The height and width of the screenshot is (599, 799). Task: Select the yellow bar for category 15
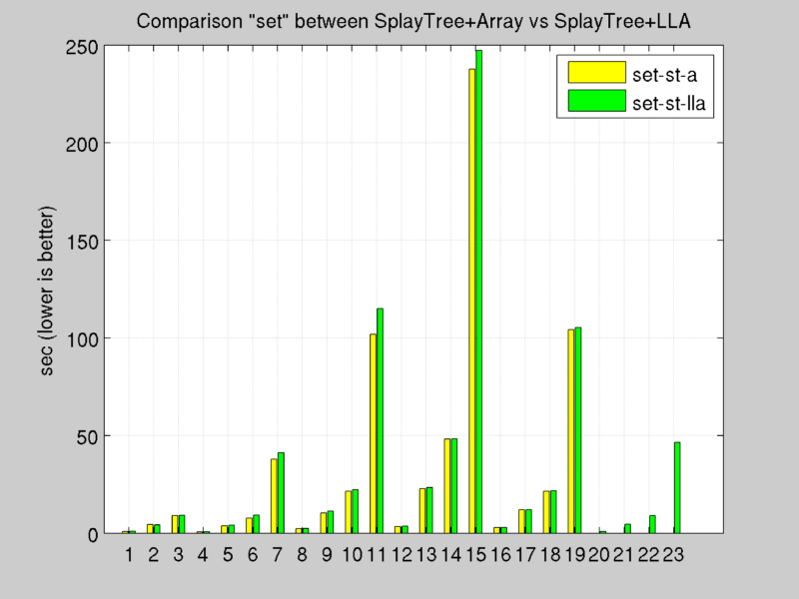(471, 299)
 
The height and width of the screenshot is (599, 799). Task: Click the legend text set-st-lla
(665, 101)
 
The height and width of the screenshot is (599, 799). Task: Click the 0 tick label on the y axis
(91, 534)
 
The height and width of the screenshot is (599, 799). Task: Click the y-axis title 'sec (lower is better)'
(47, 291)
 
